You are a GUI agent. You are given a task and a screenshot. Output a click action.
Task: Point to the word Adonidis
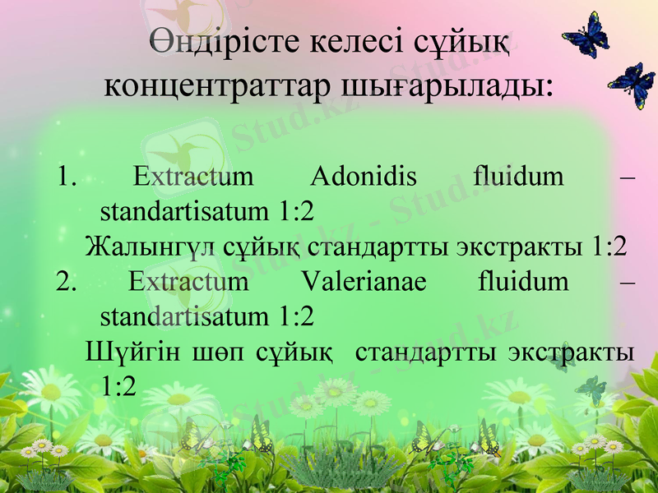pos(364,176)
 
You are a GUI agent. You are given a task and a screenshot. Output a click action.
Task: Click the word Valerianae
pos(364,282)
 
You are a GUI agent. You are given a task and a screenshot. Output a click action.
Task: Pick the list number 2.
pos(67,282)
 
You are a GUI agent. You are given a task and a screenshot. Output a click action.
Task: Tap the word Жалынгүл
pos(151,246)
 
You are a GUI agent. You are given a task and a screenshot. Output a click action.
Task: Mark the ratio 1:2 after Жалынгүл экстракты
pos(609,246)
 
